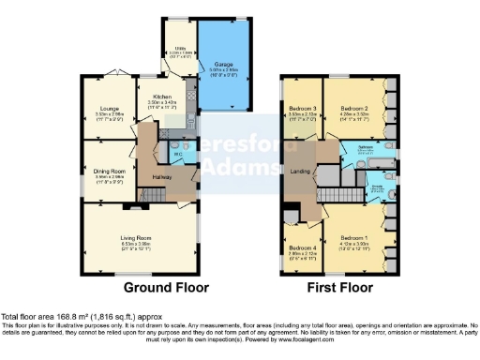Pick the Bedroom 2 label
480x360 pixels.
click(x=352, y=109)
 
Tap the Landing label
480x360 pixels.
click(x=302, y=170)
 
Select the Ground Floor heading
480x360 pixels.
click(x=167, y=287)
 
